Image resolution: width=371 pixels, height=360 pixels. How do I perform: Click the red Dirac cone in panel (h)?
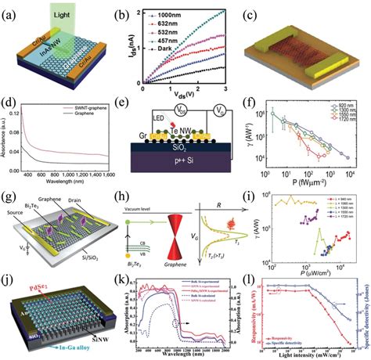click(201, 276)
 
